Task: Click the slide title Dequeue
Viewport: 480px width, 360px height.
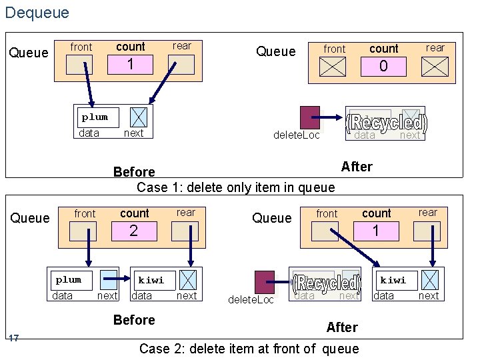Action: [x=37, y=12]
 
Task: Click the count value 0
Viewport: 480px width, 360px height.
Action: [x=383, y=67]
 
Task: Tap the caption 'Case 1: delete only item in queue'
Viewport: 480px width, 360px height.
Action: [x=235, y=187]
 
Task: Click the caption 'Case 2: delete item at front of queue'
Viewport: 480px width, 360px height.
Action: [x=249, y=348]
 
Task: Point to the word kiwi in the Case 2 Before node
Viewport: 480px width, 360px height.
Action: [x=151, y=280]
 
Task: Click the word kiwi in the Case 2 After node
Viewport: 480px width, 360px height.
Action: [x=393, y=280]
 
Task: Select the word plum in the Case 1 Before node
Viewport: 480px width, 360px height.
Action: [x=95, y=117]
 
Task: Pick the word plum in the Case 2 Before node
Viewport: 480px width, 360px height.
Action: [x=68, y=280]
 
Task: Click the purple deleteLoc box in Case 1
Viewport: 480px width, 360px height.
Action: [x=309, y=117]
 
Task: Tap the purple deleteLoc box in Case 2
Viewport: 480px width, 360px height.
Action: [x=265, y=281]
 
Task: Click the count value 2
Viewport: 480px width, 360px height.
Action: [x=133, y=231]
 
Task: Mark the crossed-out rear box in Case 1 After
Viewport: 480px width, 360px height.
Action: [x=435, y=67]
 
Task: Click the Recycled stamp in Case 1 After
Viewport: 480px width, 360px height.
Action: [x=387, y=123]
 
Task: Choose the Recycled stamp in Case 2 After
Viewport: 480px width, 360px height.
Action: [x=327, y=284]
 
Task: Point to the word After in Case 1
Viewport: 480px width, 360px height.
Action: [x=357, y=167]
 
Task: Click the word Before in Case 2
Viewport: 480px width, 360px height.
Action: [x=134, y=320]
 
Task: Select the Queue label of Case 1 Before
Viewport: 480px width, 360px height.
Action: [x=29, y=53]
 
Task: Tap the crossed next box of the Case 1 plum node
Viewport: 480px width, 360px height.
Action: [x=138, y=117]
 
